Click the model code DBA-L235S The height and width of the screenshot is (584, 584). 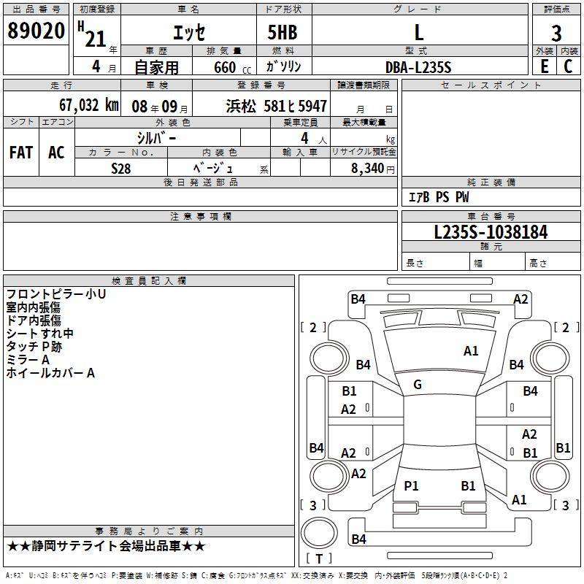[418, 67]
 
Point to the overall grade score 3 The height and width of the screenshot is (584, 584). [556, 33]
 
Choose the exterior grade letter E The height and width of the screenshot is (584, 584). [544, 66]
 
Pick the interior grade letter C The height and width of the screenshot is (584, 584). [568, 66]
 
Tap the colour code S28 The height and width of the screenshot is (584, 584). [121, 168]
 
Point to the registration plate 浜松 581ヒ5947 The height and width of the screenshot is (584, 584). [277, 106]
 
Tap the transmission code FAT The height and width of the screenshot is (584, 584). [21, 152]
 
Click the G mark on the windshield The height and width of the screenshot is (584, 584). [418, 385]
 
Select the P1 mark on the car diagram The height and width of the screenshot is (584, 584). [412, 485]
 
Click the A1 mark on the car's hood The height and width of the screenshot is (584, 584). [471, 351]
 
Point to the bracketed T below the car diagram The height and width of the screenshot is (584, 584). [319, 558]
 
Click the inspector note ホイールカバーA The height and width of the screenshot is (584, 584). [50, 373]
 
